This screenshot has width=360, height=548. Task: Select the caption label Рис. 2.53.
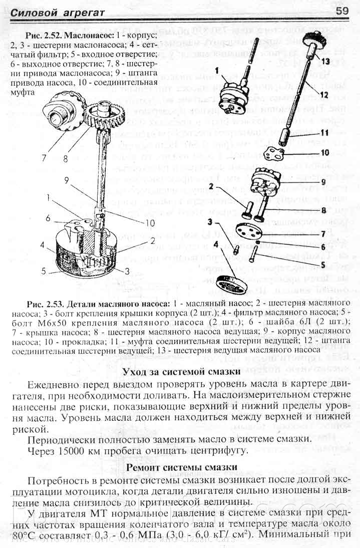49,304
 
